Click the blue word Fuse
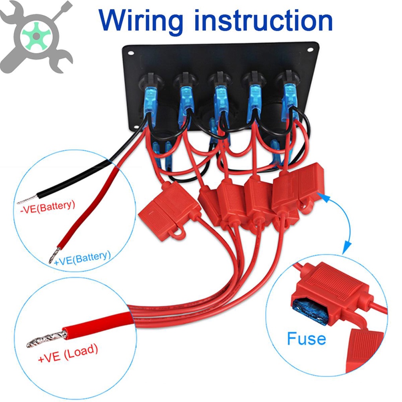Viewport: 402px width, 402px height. click(x=306, y=338)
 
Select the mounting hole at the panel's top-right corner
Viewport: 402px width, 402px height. click(x=310, y=51)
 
